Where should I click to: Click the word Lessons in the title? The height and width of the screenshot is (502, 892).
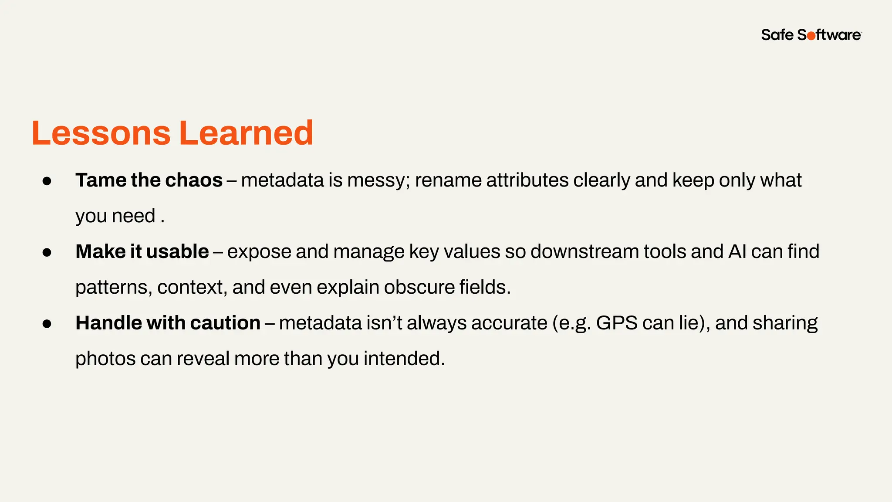point(101,133)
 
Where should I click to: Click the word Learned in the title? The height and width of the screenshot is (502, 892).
point(246,133)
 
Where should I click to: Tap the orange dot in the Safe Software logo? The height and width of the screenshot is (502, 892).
point(811,36)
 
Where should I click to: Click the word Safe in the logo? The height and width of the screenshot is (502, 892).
point(777,35)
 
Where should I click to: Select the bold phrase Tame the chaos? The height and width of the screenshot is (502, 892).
point(149,180)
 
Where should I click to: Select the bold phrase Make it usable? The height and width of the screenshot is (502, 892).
point(142,252)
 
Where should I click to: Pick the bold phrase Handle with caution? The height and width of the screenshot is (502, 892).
point(168,323)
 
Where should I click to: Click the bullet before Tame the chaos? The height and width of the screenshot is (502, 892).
point(47,181)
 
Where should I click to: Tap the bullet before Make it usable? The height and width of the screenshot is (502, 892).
point(47,252)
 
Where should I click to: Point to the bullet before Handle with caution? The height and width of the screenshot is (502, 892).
point(47,324)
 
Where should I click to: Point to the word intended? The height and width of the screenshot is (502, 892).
point(404,359)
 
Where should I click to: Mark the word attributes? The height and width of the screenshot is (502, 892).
point(527,180)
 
